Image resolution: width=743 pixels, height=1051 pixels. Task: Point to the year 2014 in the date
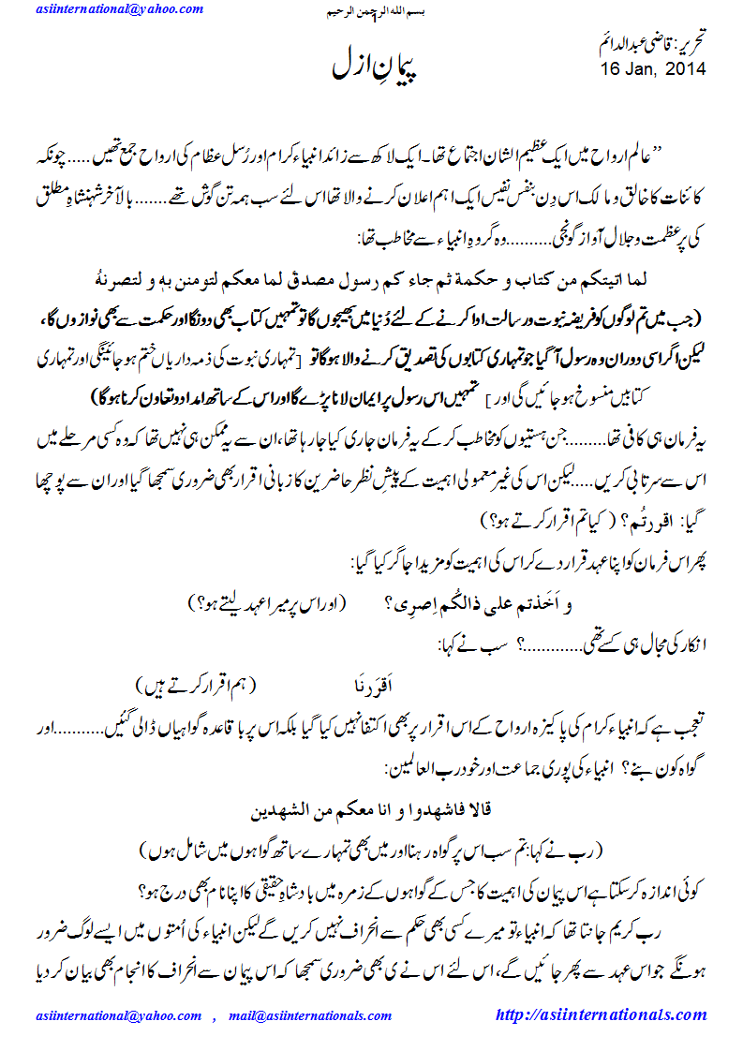click(686, 69)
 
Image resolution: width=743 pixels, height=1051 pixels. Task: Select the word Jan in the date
click(638, 69)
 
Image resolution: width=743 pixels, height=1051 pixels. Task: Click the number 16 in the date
click(611, 69)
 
